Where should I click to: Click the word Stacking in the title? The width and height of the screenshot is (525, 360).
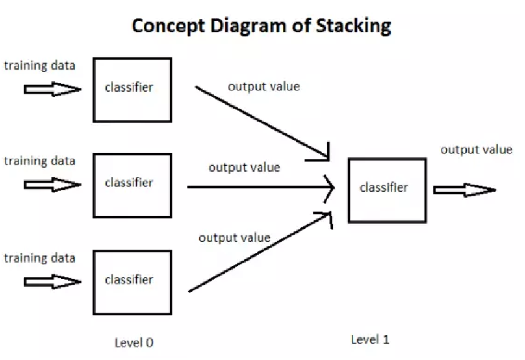pyautogui.click(x=353, y=26)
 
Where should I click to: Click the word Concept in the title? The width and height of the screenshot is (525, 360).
pyautogui.click(x=168, y=27)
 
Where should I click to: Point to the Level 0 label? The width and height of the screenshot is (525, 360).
pyautogui.click(x=134, y=342)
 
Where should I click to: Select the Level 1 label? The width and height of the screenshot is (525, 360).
pyautogui.click(x=370, y=340)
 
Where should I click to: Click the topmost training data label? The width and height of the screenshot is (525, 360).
pyautogui.click(x=40, y=66)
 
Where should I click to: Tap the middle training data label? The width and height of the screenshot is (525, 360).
pyautogui.click(x=40, y=161)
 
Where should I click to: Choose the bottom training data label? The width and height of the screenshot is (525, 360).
pyautogui.click(x=40, y=258)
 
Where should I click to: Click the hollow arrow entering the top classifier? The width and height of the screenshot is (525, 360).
pyautogui.click(x=53, y=89)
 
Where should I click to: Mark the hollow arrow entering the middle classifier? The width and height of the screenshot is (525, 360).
pyautogui.click(x=53, y=185)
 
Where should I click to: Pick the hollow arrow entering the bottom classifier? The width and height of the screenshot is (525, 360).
pyautogui.click(x=53, y=281)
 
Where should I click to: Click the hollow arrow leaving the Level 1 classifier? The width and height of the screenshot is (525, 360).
pyautogui.click(x=465, y=190)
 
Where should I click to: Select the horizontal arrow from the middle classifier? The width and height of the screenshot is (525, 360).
pyautogui.click(x=261, y=188)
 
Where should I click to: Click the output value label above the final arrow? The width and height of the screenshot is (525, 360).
pyautogui.click(x=476, y=149)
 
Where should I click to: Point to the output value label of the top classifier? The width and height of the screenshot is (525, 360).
pyautogui.click(x=264, y=86)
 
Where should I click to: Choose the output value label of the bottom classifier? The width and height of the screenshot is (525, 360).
pyautogui.click(x=235, y=238)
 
